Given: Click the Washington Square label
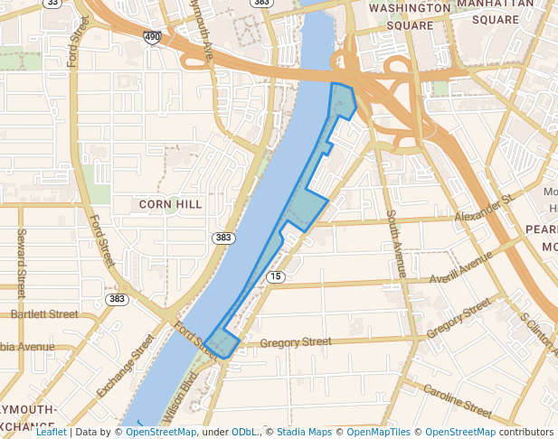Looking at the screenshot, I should tap(410, 16).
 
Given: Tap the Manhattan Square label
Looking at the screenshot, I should tap(495, 11).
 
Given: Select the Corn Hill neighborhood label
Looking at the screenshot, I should tap(171, 204).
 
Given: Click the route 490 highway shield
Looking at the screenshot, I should tap(152, 36).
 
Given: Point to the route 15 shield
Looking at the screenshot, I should tap(276, 276).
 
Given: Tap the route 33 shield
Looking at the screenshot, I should tap(52, 3).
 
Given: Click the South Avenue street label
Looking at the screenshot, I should tap(395, 243).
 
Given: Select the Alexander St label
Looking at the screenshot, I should tap(483, 209).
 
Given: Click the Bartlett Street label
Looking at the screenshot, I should tap(44, 314).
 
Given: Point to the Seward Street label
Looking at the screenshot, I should tap(20, 263).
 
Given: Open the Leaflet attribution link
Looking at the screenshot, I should tap(51, 432).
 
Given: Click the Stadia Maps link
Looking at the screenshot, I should tap(304, 432).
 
